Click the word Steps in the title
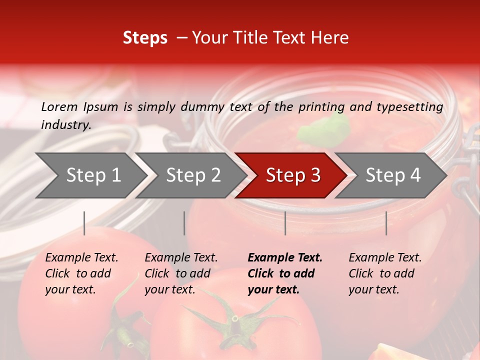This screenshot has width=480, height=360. pos(145,38)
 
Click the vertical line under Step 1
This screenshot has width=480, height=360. pos(84,223)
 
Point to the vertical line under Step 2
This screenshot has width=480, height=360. pos(184,223)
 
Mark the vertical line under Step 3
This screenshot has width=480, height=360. pos(285,223)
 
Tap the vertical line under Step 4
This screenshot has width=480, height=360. pos(386,223)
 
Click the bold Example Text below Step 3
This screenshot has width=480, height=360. pos(285,273)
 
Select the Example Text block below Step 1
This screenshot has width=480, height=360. pos(81,273)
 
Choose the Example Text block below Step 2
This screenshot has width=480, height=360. pos(181,273)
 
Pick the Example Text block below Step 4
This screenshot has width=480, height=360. pos(385,273)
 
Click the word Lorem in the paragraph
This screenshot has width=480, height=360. pos(59,106)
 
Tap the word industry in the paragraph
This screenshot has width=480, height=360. pos(65,125)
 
